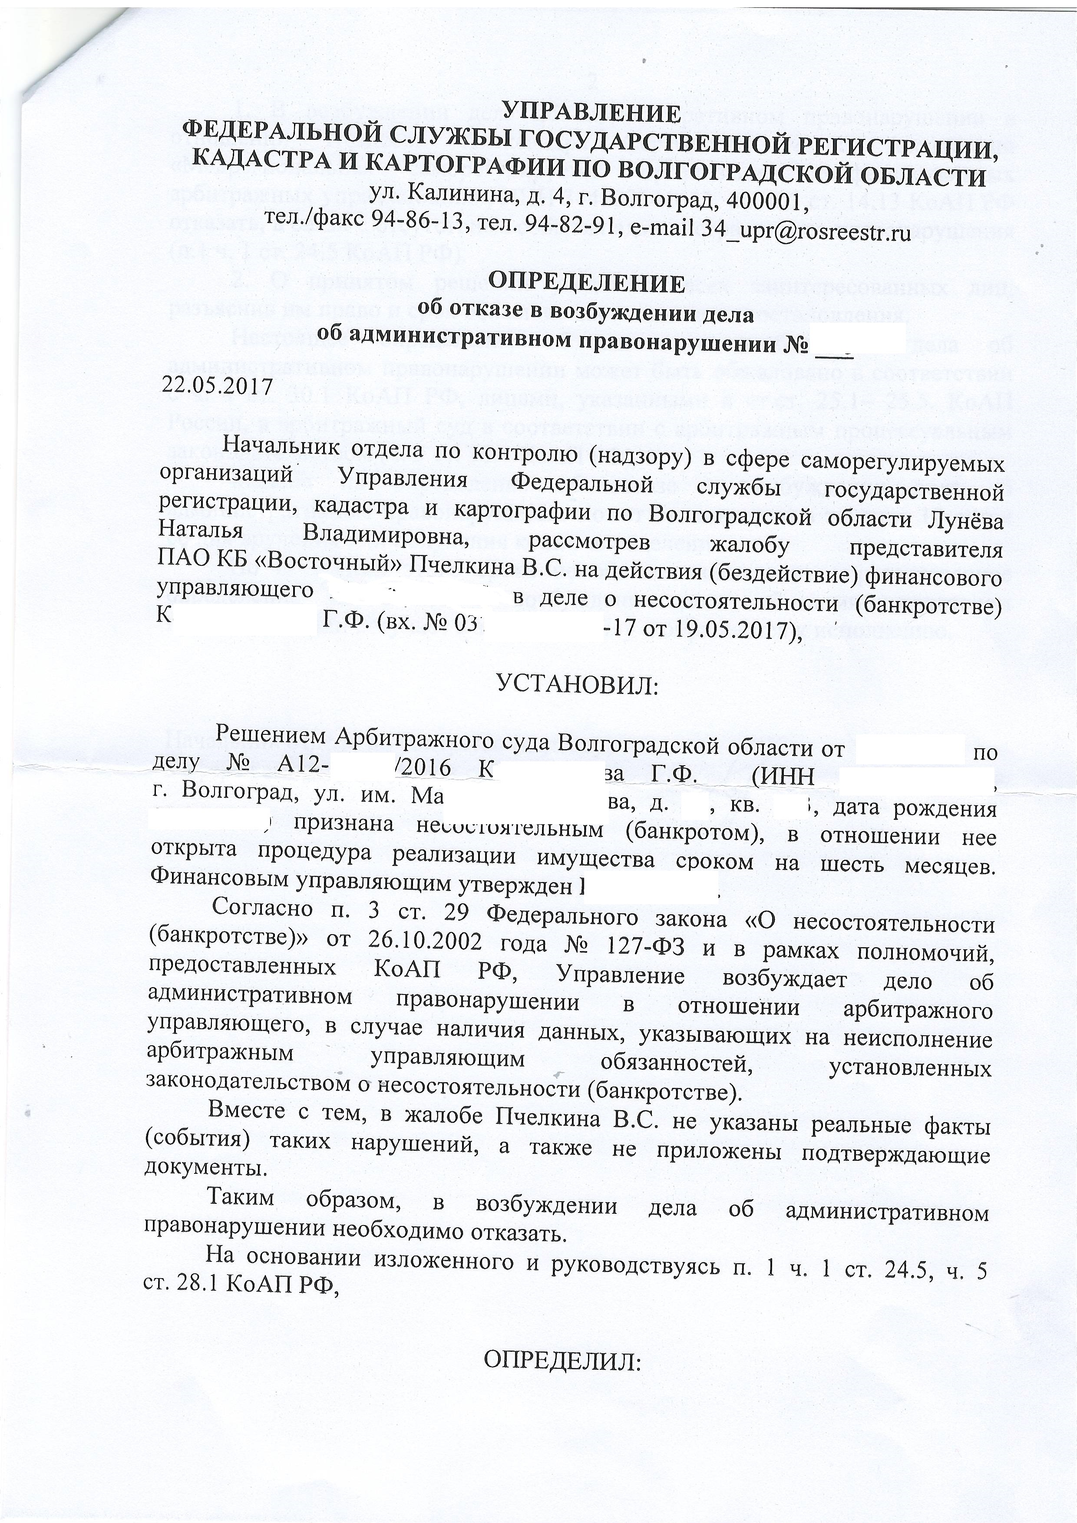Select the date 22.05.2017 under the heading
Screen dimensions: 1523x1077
218,384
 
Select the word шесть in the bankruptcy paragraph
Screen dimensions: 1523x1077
867,866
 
